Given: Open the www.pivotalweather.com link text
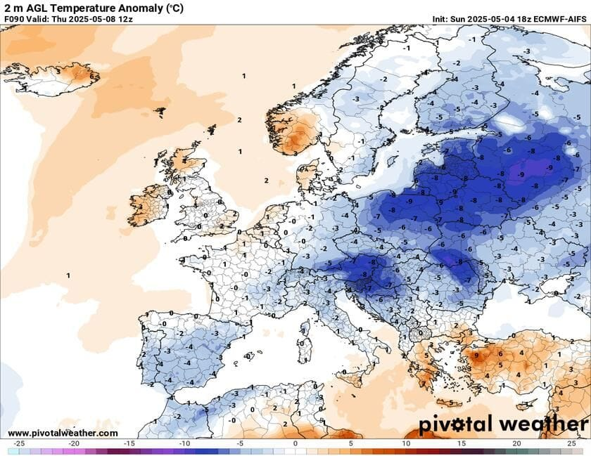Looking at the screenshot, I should pyautogui.click(x=63, y=434).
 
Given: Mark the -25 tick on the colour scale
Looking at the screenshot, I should pyautogui.click(x=19, y=444).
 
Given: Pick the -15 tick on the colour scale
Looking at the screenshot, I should pyautogui.click(x=129, y=444).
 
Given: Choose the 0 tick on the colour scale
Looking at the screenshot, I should pyautogui.click(x=295, y=444).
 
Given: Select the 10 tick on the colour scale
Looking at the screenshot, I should pyautogui.click(x=406, y=444).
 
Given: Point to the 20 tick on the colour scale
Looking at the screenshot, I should pyautogui.click(x=516, y=444).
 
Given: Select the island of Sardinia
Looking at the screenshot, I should pyautogui.click(x=304, y=346).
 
